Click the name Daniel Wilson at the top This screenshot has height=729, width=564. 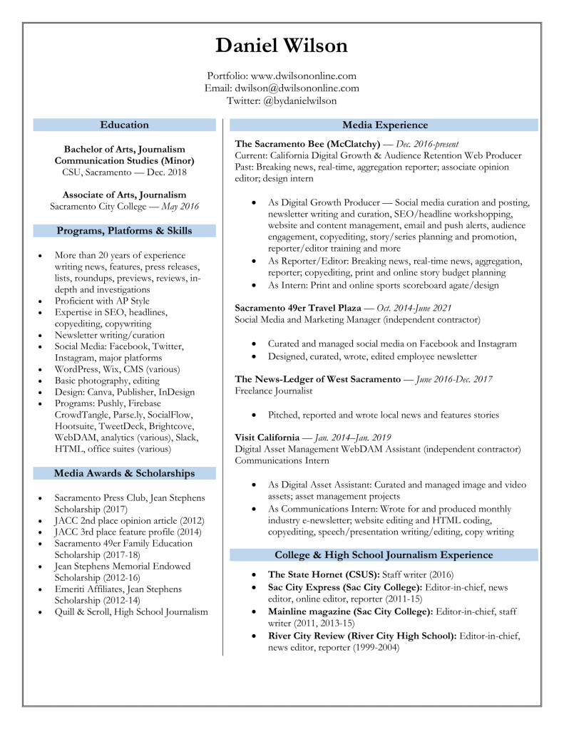[282, 46]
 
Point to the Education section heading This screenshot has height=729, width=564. [124, 125]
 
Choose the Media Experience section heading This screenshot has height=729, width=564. [385, 125]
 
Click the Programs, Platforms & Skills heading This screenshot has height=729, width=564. [124, 231]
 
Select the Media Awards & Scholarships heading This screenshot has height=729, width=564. [124, 473]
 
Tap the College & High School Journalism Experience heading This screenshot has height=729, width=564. [384, 554]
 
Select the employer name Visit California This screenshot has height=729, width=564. [269, 438]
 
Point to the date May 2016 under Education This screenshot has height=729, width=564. [180, 207]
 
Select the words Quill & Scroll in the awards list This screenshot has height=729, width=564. [83, 612]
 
